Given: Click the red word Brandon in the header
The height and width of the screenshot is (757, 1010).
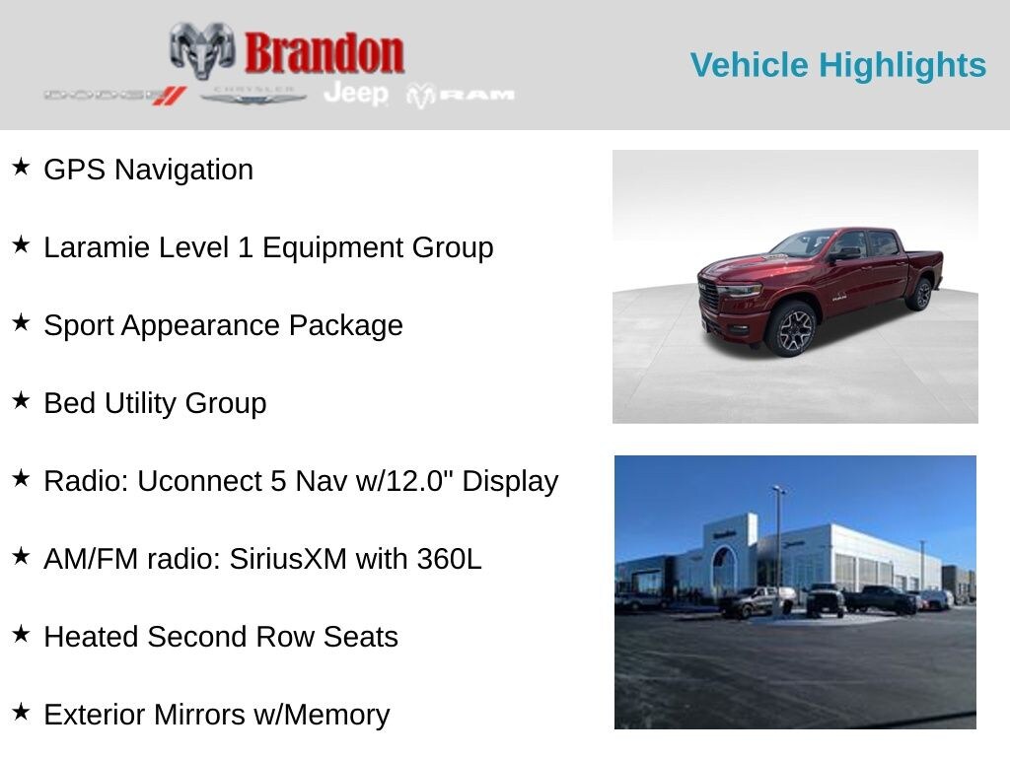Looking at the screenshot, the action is (324, 53).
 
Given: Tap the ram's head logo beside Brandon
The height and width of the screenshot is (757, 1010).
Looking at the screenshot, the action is (201, 51).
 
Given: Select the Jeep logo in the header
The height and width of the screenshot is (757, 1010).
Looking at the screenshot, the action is (356, 94).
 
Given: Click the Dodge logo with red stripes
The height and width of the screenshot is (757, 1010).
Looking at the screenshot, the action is (115, 96).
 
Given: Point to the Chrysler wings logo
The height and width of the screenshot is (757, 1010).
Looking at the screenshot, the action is (252, 96).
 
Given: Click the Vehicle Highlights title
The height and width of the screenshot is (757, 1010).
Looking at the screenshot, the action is (838, 66).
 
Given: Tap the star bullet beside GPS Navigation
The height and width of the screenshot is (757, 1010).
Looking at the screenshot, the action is (21, 167).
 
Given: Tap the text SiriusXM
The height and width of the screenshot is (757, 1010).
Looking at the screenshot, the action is (288, 559).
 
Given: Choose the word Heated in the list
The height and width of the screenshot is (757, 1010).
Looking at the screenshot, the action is (91, 637).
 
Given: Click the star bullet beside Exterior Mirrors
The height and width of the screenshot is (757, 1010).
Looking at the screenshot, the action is (21, 712).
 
